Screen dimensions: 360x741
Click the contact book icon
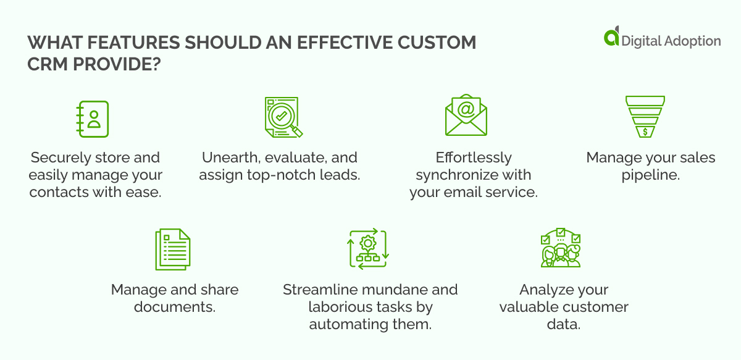92,119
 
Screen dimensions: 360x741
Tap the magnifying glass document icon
282,117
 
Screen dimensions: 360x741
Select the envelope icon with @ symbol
466,115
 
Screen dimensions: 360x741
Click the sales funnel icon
645,116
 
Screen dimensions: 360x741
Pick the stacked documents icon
172,249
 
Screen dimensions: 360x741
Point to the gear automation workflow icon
367,249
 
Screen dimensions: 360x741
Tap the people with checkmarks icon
561,248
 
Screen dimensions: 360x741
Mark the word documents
175,307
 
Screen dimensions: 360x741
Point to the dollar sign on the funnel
645,131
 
